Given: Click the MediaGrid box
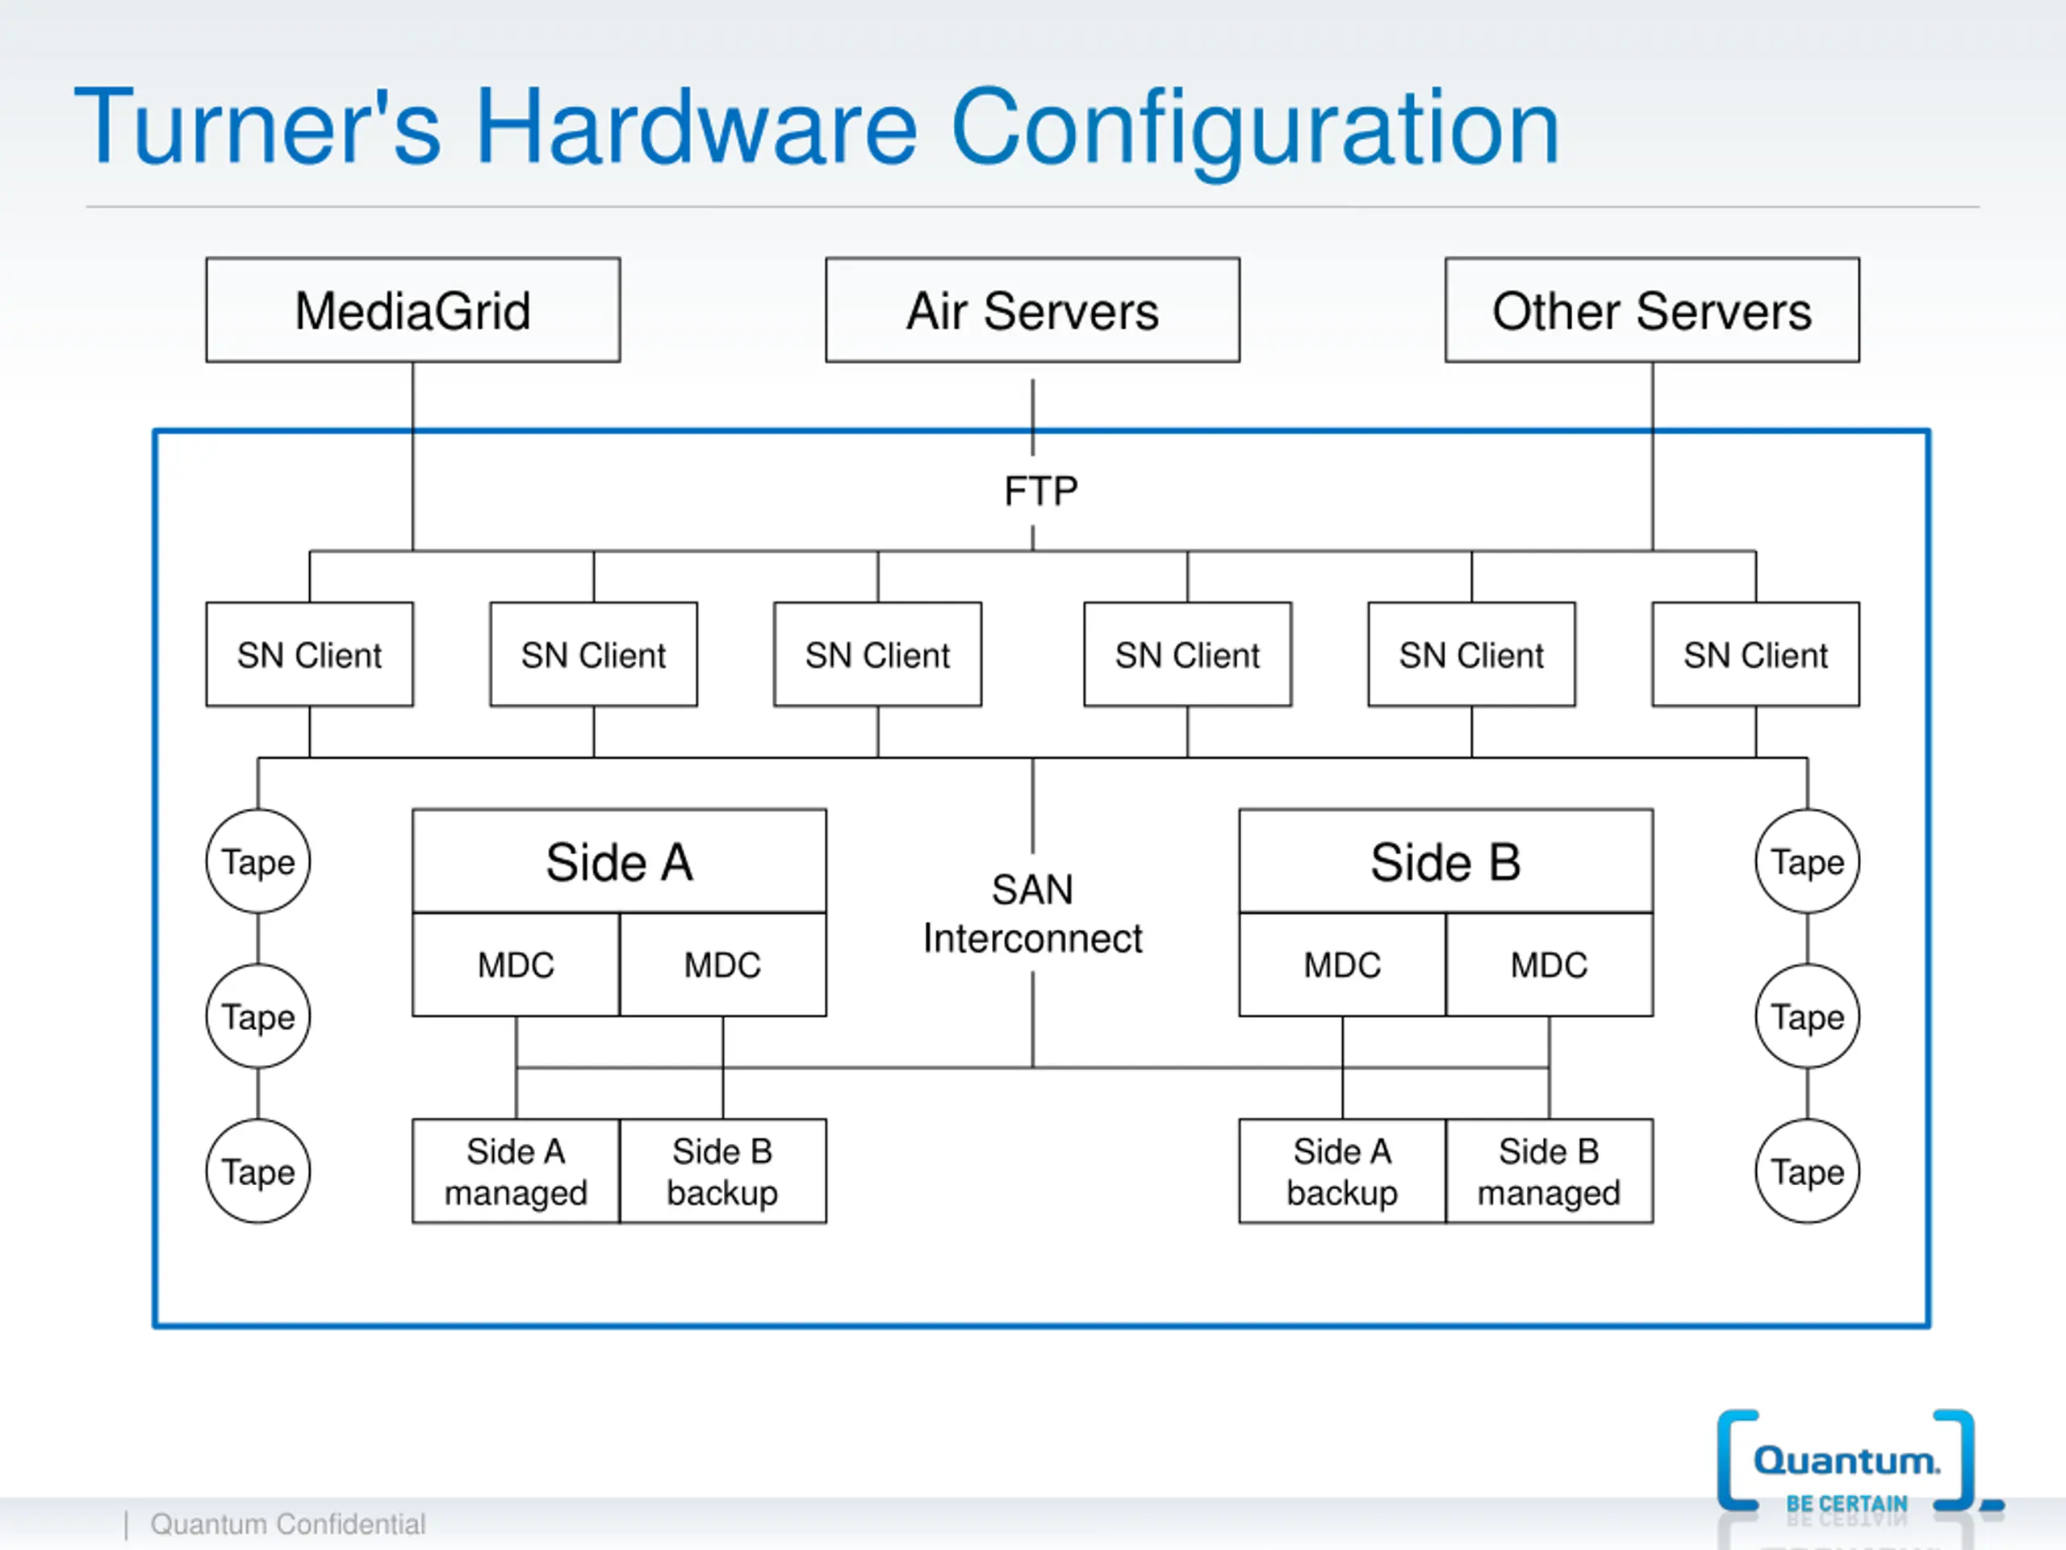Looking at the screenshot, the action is click(x=413, y=310).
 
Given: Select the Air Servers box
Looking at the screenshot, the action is click(x=1033, y=310).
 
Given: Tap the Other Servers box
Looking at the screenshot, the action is click(x=1652, y=310).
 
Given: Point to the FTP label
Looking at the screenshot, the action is click(x=1040, y=492).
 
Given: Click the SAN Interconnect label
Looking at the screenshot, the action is click(x=1033, y=914).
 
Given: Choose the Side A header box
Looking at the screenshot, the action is click(x=619, y=861).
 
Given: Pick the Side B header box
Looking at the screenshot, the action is click(x=1446, y=861).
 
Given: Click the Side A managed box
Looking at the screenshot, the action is click(x=516, y=1171).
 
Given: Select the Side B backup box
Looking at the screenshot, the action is click(x=723, y=1171).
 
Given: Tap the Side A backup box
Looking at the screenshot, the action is click(x=1342, y=1171).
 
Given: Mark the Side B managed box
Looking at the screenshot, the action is click(x=1549, y=1171).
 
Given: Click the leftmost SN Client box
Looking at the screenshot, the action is click(x=309, y=654).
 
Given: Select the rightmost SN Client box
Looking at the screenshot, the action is click(x=1756, y=654).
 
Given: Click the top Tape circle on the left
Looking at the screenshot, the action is click(x=257, y=861).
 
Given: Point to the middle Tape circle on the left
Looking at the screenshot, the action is click(x=257, y=1016).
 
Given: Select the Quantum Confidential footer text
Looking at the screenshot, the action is click(x=287, y=1524).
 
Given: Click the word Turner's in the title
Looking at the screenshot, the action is click(x=257, y=127).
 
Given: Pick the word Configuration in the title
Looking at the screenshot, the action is click(x=1255, y=131).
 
